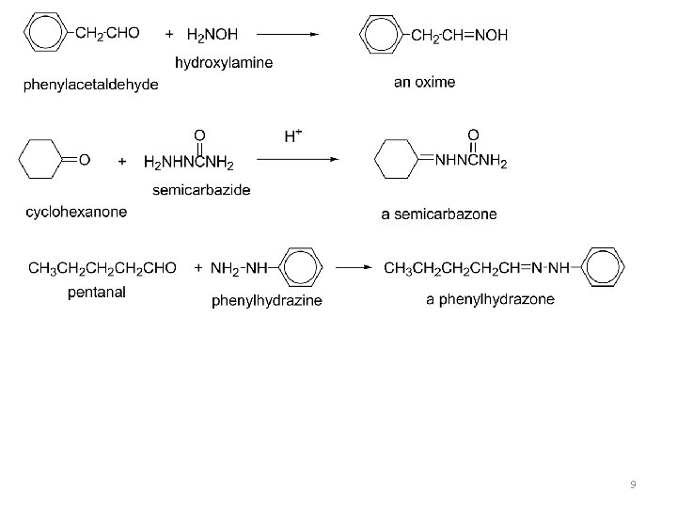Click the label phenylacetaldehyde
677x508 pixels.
(x=91, y=86)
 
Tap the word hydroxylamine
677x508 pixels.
(x=226, y=62)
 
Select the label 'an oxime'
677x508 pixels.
(x=424, y=82)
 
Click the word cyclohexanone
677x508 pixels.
(x=76, y=212)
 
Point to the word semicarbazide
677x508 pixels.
(x=201, y=190)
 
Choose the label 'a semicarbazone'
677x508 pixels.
(x=439, y=214)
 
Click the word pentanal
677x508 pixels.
(x=97, y=293)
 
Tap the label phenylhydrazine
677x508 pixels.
(x=267, y=301)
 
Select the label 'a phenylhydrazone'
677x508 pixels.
(x=490, y=300)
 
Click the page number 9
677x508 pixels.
(x=632, y=484)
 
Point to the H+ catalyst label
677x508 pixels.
(x=293, y=135)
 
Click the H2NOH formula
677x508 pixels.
(x=213, y=35)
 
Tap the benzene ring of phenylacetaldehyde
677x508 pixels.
(x=43, y=35)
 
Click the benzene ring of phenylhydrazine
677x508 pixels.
(x=300, y=268)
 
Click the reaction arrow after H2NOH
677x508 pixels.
(x=288, y=34)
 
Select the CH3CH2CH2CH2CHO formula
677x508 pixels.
(x=102, y=268)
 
